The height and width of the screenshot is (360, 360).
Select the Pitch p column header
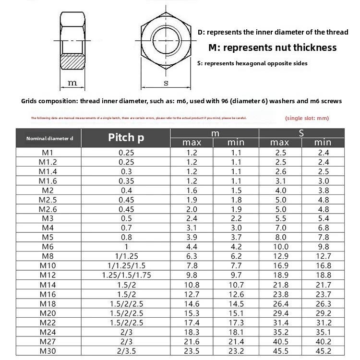pos(126,138)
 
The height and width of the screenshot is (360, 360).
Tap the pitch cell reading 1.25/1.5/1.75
pos(126,275)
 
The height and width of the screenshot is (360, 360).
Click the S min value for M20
pos(323,312)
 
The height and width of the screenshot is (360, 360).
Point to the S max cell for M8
pos(280,256)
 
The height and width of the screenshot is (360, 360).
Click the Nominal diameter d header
pos(49,138)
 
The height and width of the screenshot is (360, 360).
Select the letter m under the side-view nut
pos(72,83)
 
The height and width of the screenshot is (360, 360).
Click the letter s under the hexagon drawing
pos(166,83)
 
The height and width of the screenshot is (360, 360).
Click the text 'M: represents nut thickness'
pos(272,48)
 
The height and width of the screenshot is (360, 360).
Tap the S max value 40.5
pos(280,341)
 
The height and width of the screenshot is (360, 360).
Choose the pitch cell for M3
pos(126,218)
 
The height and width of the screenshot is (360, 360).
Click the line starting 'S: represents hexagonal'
pos(252,63)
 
